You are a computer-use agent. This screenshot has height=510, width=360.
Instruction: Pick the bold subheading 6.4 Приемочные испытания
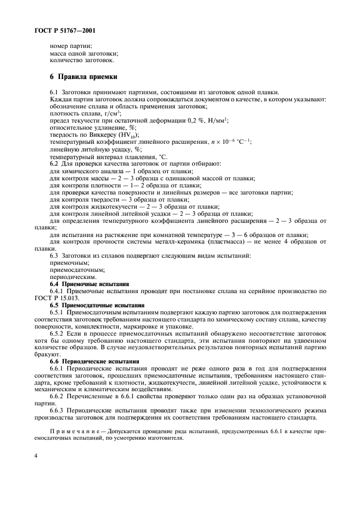pyautogui.click(x=89, y=284)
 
